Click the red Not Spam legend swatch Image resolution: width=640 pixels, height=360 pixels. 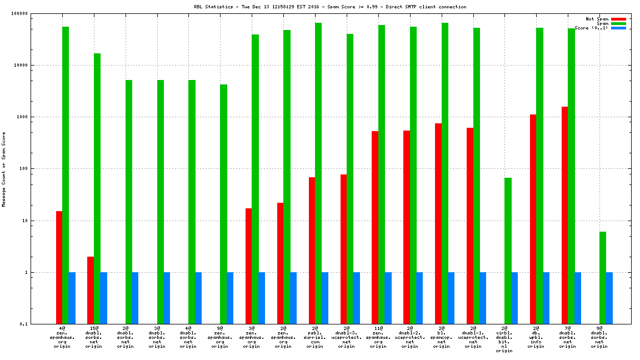tap(618, 19)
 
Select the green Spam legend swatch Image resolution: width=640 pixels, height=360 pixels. tap(618, 23)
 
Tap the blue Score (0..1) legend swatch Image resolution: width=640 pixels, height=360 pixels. tap(618, 28)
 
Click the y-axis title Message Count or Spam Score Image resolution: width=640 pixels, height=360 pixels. tap(4, 169)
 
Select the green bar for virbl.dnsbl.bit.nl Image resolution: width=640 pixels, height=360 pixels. tap(508, 251)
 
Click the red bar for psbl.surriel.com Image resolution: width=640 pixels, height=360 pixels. tap(312, 251)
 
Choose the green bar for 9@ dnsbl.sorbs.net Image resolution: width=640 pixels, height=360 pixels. tap(603, 278)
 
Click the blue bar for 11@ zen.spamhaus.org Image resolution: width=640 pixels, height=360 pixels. tap(388, 298)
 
